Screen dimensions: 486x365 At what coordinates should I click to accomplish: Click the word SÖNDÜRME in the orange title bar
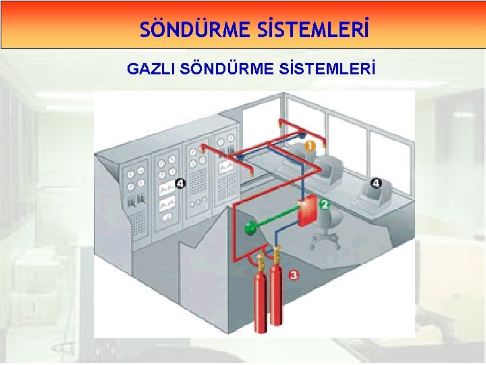point(183,30)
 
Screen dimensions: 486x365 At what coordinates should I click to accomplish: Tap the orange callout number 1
point(309,145)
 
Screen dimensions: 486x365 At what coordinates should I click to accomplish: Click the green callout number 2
point(324,204)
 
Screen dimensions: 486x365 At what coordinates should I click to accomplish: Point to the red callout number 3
point(293,275)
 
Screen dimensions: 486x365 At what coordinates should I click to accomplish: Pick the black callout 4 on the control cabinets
point(179,183)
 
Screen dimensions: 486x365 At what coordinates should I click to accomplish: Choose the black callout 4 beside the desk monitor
point(376,183)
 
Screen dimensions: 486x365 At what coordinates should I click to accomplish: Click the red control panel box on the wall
point(307,211)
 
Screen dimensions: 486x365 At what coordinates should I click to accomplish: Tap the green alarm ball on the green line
point(251,226)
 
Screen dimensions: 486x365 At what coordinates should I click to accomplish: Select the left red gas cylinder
point(258,297)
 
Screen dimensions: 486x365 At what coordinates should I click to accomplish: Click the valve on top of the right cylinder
point(275,256)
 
